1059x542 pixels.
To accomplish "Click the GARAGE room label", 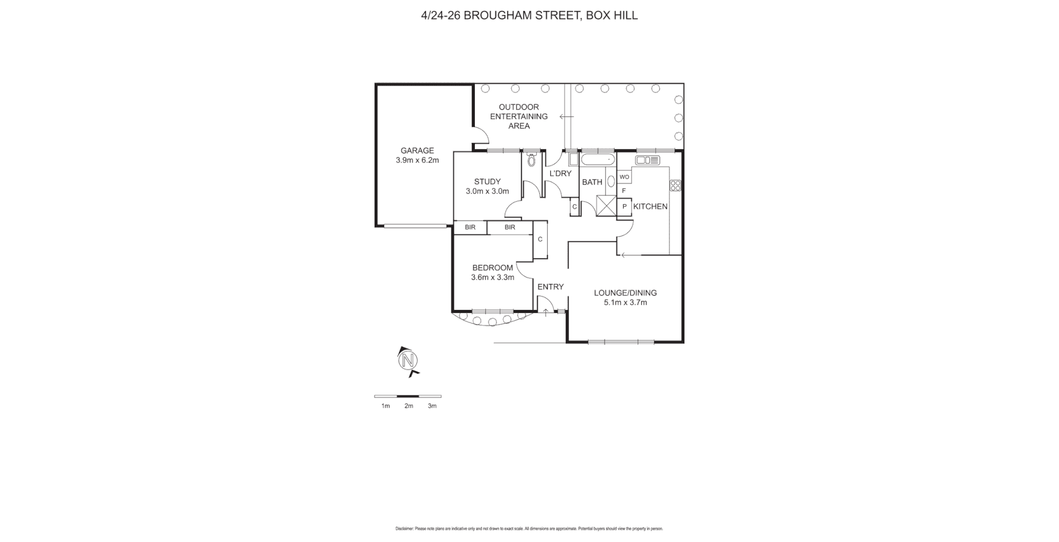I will click(x=417, y=151).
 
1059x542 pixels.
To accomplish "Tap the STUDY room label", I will click(x=487, y=181).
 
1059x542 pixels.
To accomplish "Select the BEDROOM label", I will click(x=492, y=268).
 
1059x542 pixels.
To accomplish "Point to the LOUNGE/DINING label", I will click(x=625, y=293).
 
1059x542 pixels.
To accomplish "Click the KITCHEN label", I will click(x=650, y=207).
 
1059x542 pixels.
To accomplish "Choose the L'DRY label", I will click(x=560, y=174).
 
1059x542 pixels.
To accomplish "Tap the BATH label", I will click(x=592, y=182).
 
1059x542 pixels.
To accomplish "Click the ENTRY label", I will click(x=550, y=287).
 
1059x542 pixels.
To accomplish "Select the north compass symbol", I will click(x=408, y=361).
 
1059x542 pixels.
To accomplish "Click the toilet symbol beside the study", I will click(x=532, y=160).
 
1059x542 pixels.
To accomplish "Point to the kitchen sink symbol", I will click(x=647, y=160).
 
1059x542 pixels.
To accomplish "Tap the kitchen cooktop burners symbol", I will click(x=675, y=185).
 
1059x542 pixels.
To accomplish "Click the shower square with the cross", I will click(x=605, y=206).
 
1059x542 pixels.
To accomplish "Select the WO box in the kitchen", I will click(x=624, y=177).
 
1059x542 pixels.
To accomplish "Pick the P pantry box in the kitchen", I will click(x=624, y=207).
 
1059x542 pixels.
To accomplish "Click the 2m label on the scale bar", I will click(x=409, y=406).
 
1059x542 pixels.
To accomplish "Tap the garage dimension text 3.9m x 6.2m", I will click(x=417, y=160).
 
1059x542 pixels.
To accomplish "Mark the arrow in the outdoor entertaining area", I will click(x=566, y=116).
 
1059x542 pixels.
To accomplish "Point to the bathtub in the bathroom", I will click(x=598, y=160).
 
